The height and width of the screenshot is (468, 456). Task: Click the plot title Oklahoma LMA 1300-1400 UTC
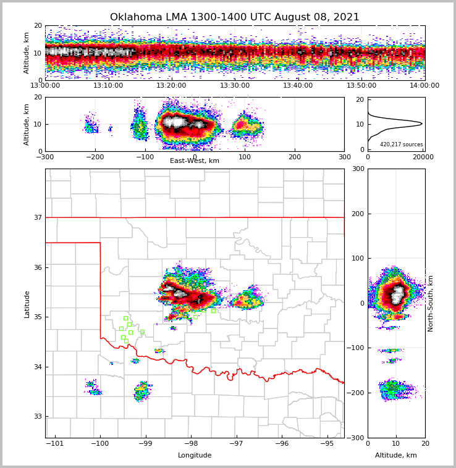click(234, 17)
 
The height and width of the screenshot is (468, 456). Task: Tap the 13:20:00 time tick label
click(171, 86)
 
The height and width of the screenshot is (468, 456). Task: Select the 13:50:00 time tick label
click(361, 86)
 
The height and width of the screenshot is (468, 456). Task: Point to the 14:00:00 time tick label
click(424, 86)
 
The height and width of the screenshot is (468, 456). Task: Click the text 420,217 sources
click(401, 144)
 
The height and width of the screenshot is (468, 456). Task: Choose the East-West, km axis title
click(195, 161)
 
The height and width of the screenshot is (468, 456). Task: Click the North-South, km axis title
click(431, 303)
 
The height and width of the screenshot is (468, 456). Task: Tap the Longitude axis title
click(195, 456)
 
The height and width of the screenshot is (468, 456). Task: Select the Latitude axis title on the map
click(27, 304)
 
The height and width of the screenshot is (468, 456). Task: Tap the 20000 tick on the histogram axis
click(422, 157)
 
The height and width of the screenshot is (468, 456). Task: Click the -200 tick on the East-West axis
click(95, 157)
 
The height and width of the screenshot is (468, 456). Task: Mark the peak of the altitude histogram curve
click(422, 123)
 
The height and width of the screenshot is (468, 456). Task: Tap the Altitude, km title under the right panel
click(395, 456)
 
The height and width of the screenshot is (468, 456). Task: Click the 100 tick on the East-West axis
click(245, 157)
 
